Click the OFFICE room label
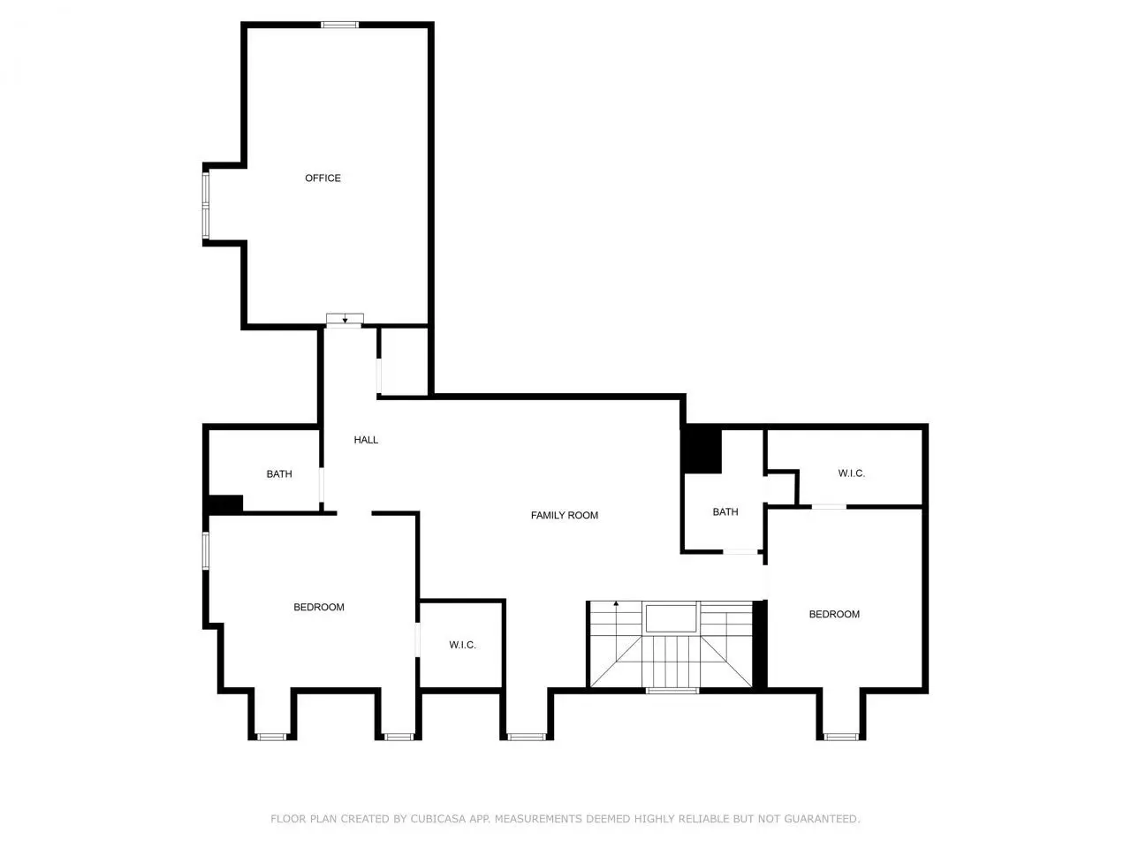point(323,178)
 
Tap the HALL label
point(366,440)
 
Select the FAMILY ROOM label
point(565,515)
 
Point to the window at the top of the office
point(339,25)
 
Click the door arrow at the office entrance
point(345,320)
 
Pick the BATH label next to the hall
point(279,474)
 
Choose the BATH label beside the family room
point(725,511)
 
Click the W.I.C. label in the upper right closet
point(851,473)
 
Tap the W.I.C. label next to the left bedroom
point(462,645)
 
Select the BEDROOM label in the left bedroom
point(319,607)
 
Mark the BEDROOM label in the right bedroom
point(834,614)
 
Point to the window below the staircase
point(672,691)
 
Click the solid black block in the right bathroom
point(702,450)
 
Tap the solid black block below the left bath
point(224,504)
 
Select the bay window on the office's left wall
point(206,206)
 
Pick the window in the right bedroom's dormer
point(840,737)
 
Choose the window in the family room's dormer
point(526,737)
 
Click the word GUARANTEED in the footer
point(821,819)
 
